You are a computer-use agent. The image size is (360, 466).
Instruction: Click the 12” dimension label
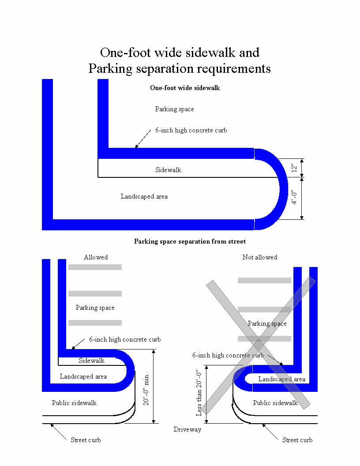294,168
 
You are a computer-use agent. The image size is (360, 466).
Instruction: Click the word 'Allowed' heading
96,257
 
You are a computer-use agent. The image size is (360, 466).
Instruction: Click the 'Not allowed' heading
260,257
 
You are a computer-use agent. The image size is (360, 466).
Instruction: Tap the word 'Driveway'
187,429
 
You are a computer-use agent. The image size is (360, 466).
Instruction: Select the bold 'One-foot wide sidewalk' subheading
185,88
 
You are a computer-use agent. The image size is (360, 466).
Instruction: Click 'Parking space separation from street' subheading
190,241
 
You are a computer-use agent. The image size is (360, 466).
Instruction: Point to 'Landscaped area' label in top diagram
144,196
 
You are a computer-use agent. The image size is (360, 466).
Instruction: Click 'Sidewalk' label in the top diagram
168,170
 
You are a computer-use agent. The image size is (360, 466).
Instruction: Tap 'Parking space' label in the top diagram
174,109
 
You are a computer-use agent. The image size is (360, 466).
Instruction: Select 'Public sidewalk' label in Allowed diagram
74,403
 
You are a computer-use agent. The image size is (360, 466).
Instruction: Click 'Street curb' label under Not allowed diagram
297,440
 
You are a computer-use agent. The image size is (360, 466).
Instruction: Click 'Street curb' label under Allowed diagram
86,440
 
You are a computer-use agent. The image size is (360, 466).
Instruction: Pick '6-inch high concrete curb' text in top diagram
191,130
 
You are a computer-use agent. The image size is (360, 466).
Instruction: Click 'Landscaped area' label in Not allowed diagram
282,379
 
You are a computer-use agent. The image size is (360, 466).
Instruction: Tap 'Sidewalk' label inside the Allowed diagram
92,361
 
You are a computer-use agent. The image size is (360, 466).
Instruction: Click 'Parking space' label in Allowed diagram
95,308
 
